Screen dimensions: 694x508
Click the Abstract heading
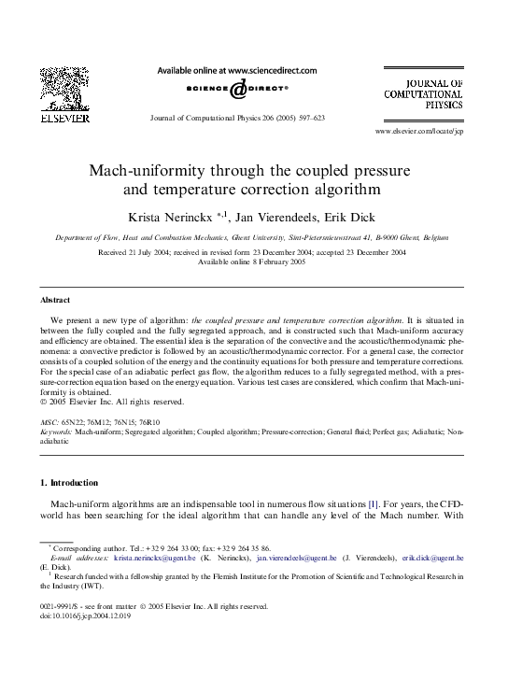click(x=55, y=300)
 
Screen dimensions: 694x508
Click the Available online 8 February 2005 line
click(x=253, y=262)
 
